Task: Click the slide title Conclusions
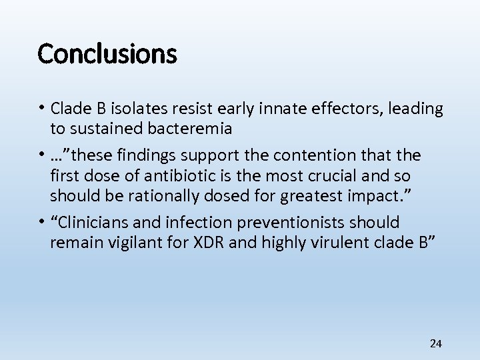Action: pos(107,53)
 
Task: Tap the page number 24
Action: pos(435,343)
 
